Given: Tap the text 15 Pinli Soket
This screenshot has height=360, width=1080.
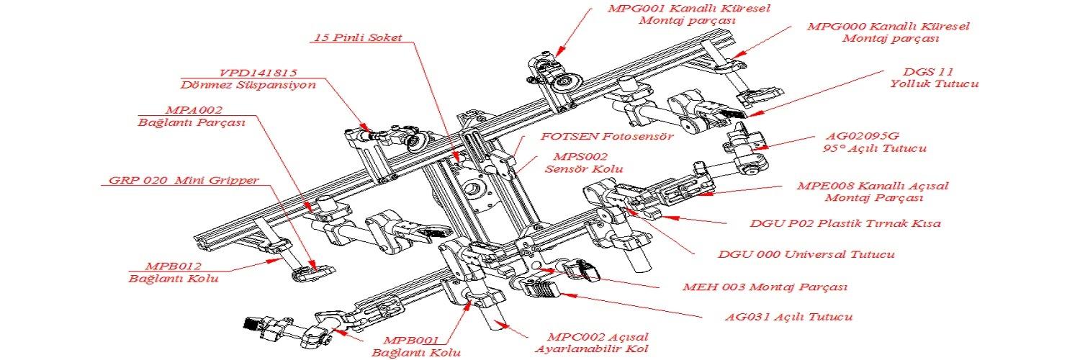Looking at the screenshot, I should [357, 37].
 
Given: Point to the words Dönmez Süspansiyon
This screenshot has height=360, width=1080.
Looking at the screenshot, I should [248, 85].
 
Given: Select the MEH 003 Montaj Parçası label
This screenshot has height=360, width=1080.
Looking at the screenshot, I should [765, 287].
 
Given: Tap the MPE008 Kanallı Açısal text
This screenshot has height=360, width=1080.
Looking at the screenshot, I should [873, 186].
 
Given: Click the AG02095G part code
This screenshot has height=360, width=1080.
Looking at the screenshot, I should [861, 136].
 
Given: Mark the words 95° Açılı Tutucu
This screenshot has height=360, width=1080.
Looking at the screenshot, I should [873, 149].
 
